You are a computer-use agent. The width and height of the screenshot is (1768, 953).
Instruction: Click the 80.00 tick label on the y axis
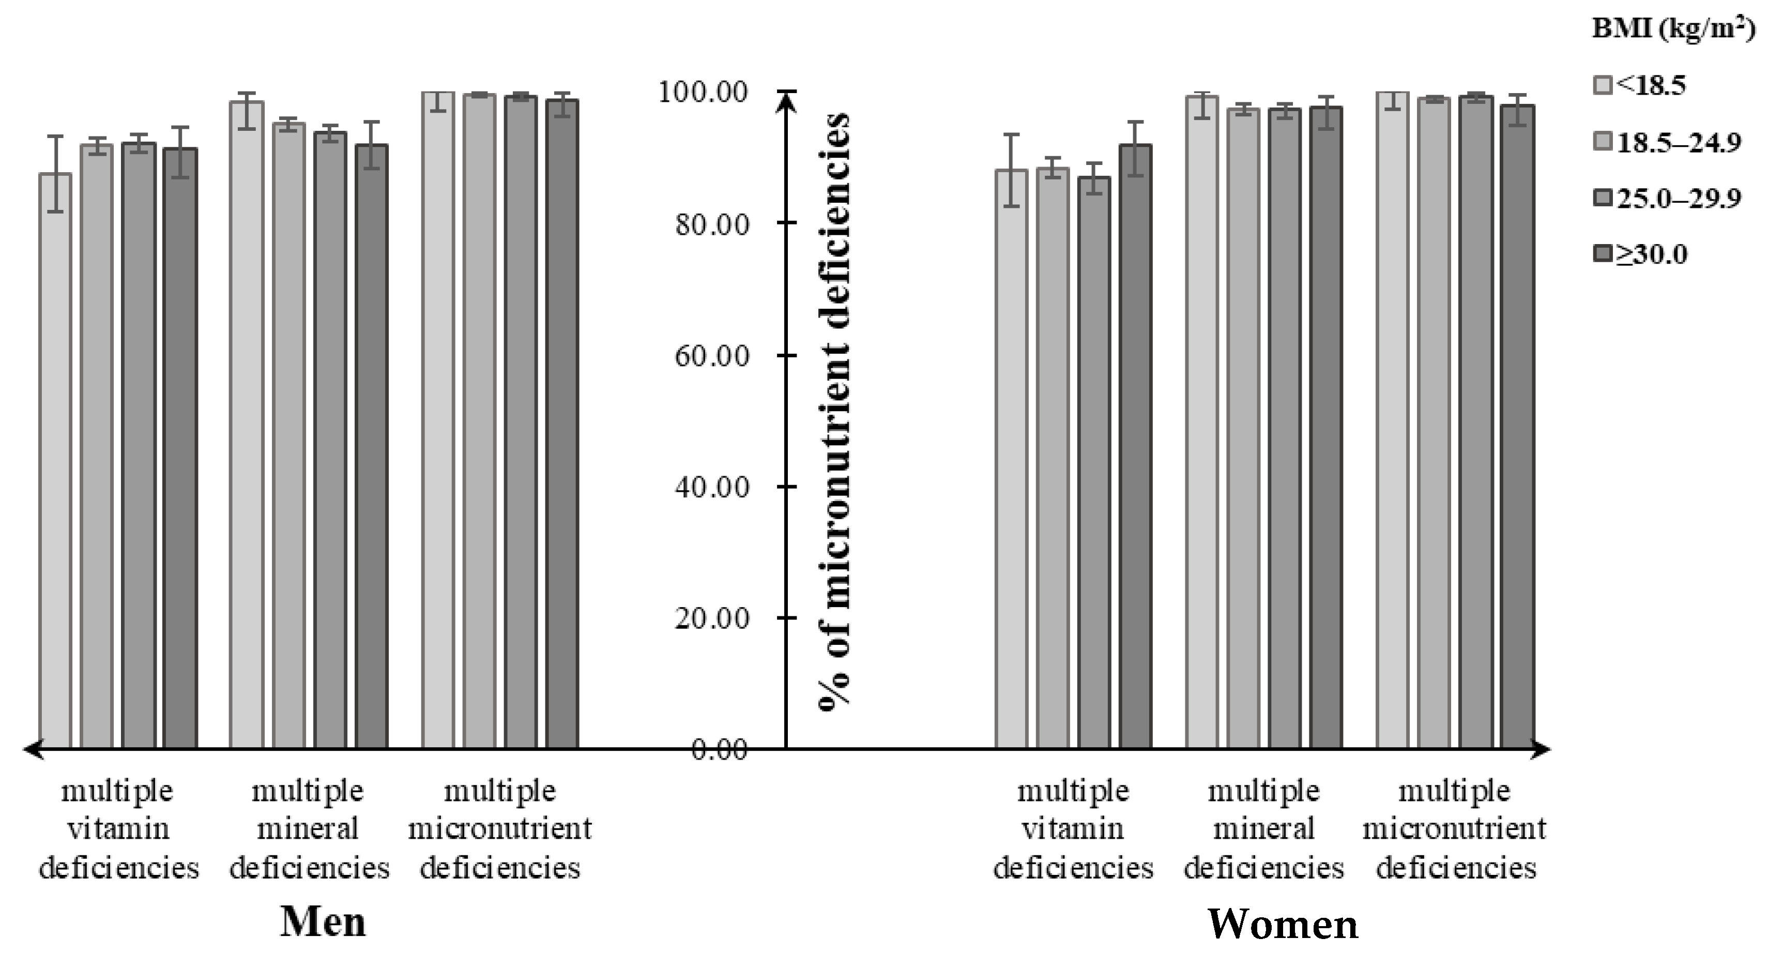[x=711, y=224]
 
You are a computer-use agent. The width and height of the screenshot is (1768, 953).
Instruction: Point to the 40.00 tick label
[x=711, y=488]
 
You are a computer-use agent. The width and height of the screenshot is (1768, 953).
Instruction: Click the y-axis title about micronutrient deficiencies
[x=834, y=412]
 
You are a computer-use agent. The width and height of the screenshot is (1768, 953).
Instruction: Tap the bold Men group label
[x=323, y=921]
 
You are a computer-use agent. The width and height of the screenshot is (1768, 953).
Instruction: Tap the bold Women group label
[x=1282, y=924]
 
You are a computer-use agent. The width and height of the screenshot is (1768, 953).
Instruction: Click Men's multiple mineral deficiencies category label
[x=309, y=829]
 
